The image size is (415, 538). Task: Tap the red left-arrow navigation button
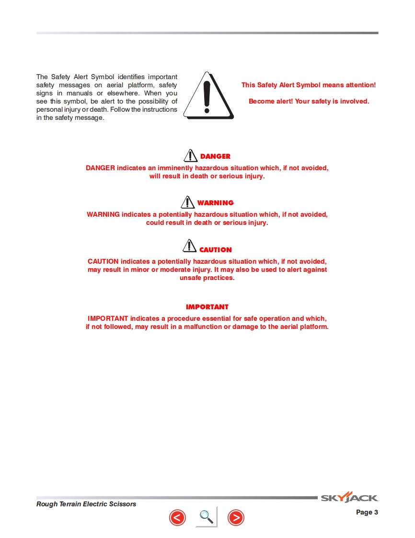pos(177,517)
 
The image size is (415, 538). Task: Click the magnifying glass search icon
pos(206,516)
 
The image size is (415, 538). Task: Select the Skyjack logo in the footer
pos(349,498)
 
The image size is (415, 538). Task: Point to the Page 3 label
pos(367,512)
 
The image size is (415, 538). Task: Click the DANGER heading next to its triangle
pos(215,156)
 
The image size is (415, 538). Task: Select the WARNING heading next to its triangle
pos(215,203)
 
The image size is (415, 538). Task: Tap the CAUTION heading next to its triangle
pos(215,250)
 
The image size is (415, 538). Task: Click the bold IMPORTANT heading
pos(207,307)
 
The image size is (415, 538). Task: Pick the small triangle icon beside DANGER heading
pos(191,155)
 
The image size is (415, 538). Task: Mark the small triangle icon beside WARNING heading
pos(188,201)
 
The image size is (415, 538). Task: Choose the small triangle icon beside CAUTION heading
pos(190,246)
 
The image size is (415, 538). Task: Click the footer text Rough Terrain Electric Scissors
pos(86,504)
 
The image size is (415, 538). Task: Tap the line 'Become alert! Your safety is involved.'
pos(309,101)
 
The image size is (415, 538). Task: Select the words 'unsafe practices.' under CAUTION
pos(207,278)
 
